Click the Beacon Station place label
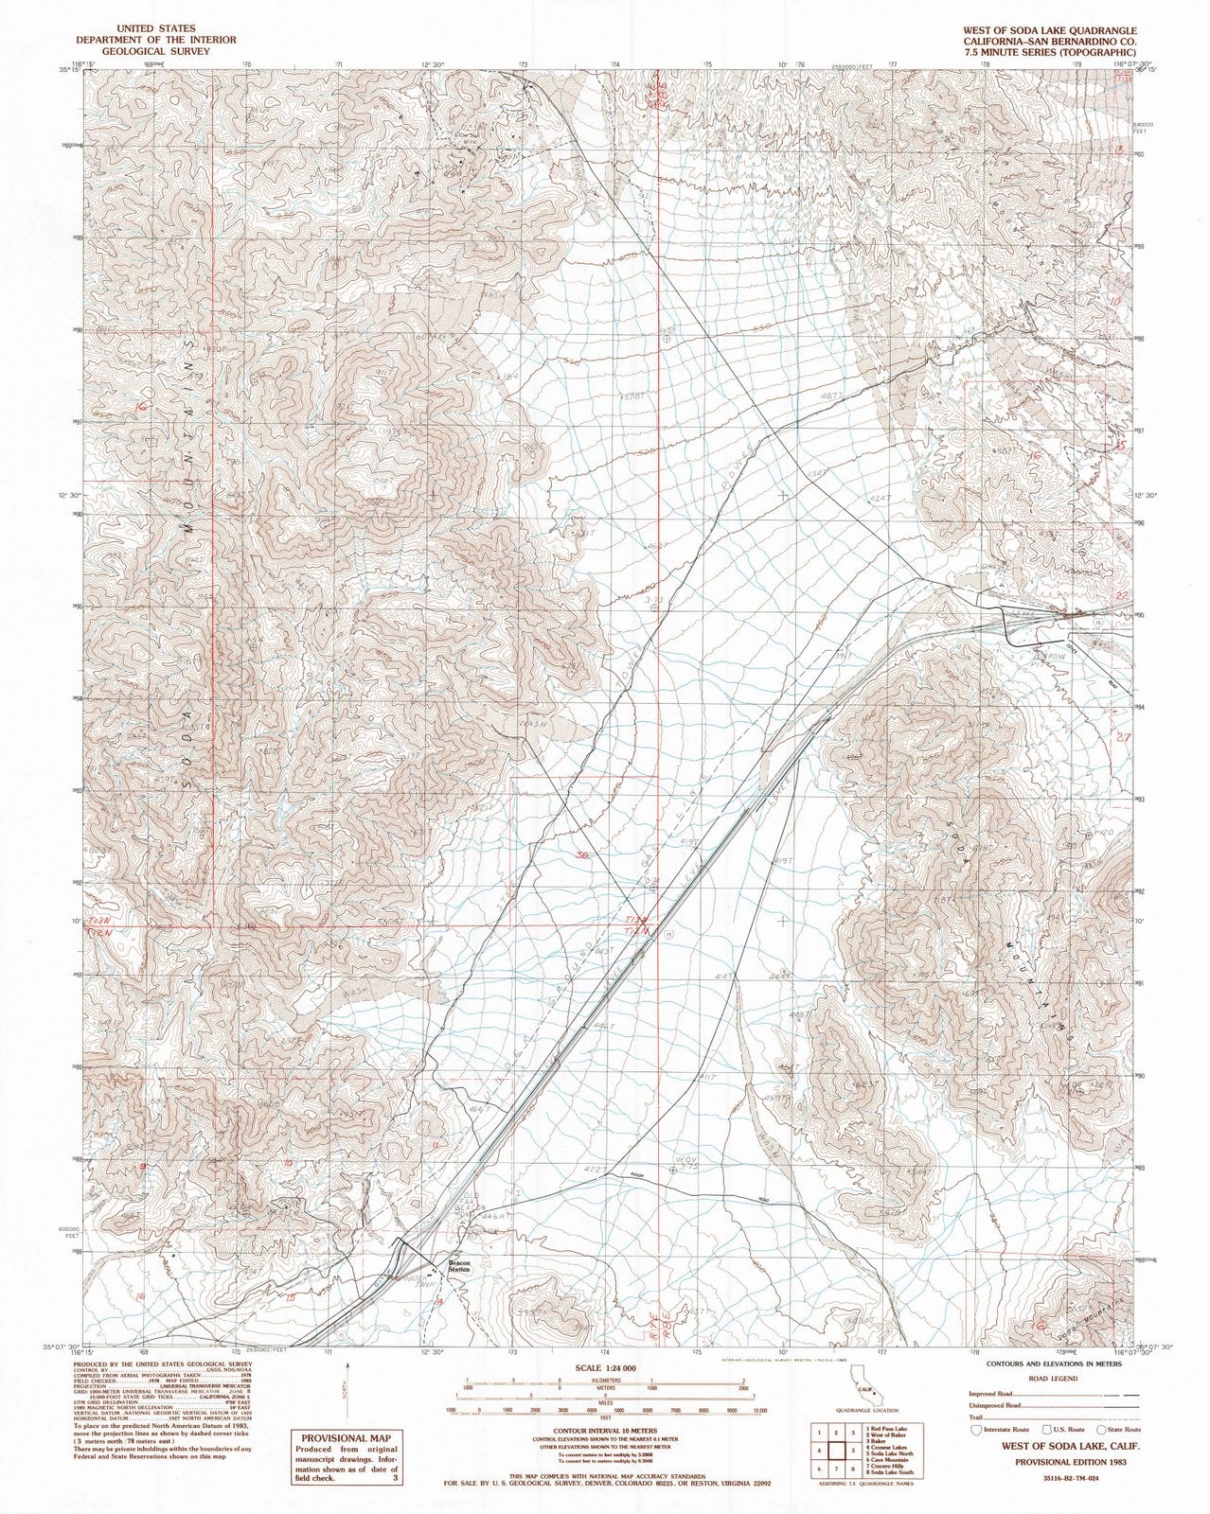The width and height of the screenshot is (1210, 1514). (x=460, y=1266)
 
